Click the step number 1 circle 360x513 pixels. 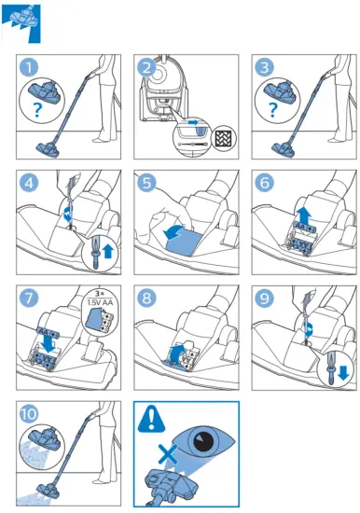(31, 69)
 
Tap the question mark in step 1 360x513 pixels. (39, 109)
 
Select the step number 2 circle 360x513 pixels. (147, 69)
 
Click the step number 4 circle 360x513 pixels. (31, 184)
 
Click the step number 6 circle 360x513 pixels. (265, 184)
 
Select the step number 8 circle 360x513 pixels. (147, 300)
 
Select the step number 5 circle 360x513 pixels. (147, 184)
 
